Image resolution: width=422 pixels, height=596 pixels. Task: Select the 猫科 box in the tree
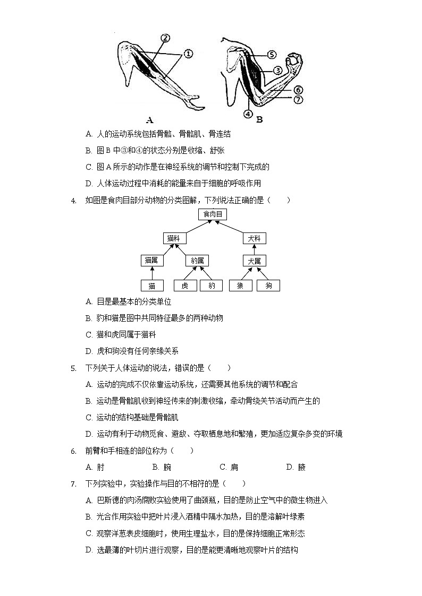173,238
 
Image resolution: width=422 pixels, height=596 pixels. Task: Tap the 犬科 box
254,238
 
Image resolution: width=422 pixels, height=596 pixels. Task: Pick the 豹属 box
197,261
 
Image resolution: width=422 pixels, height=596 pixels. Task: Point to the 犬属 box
254,261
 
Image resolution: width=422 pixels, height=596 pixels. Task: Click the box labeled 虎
185,286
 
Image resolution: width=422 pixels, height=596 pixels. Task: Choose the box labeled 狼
240,286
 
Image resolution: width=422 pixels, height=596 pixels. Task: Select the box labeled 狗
268,286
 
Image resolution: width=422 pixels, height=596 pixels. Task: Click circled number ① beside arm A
188,54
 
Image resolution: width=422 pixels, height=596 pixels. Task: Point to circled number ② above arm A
165,38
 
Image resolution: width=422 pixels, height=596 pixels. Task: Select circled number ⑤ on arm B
271,54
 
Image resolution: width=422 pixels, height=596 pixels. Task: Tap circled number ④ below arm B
248,113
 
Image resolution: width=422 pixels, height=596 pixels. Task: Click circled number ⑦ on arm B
298,99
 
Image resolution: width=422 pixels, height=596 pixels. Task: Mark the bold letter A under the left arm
149,120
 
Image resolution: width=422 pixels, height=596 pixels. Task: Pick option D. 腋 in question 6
296,467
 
